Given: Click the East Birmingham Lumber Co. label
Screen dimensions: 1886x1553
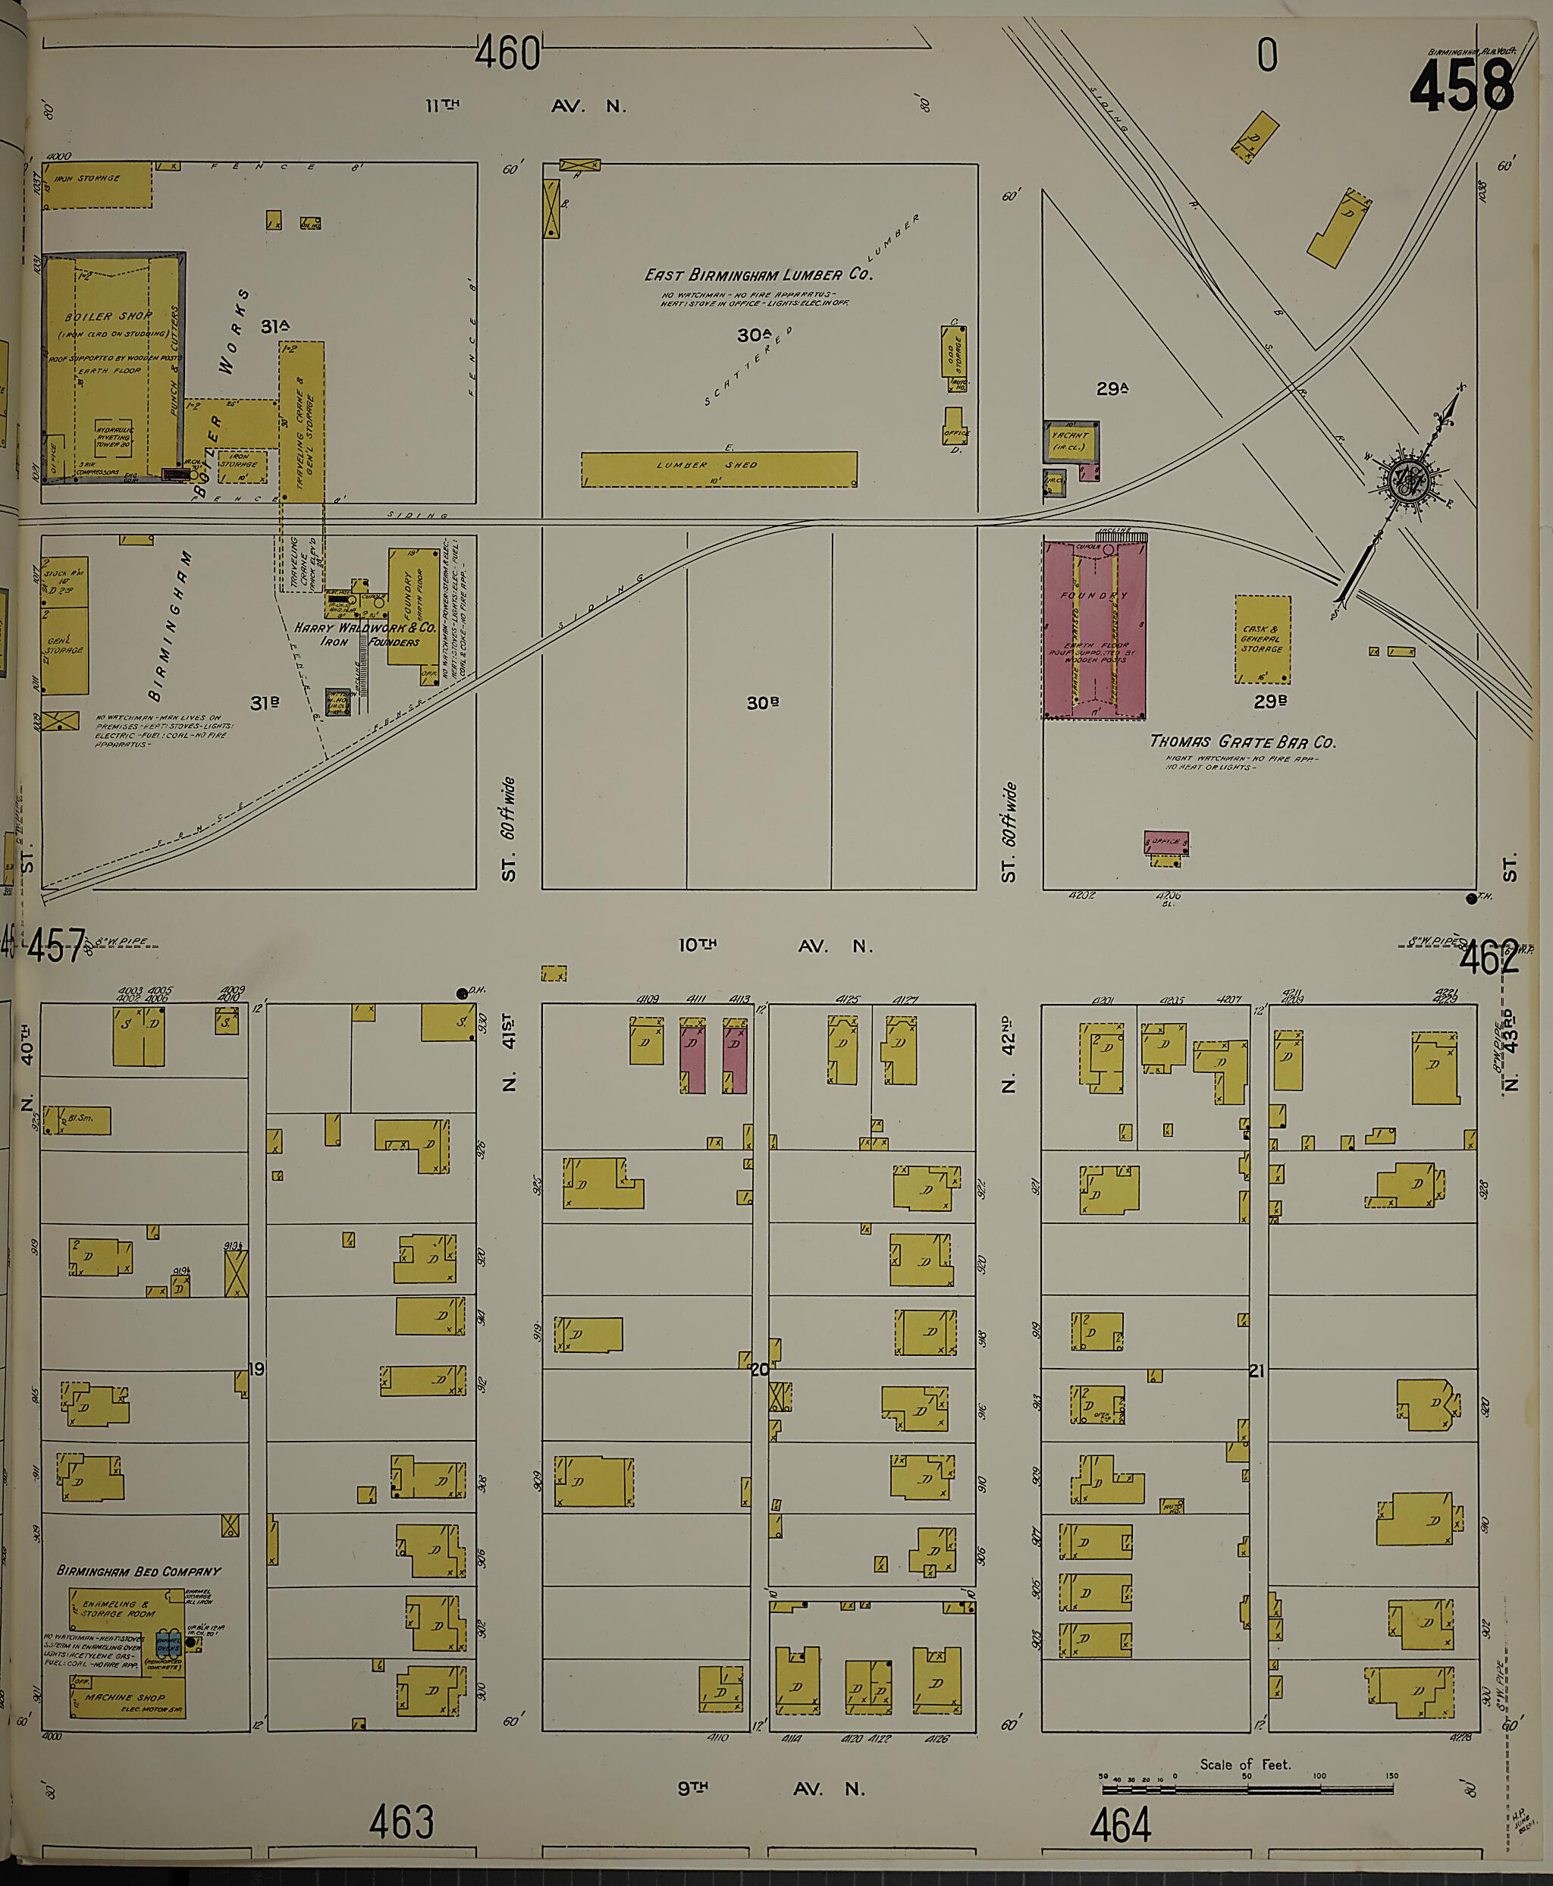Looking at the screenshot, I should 758,275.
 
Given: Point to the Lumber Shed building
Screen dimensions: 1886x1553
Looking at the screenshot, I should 718,469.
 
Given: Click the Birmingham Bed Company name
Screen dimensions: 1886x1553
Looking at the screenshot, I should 138,1571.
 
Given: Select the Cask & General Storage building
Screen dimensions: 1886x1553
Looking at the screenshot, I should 1263,639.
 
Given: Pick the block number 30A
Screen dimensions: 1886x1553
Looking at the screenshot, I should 753,334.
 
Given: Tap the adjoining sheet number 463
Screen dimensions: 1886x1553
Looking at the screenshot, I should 401,1822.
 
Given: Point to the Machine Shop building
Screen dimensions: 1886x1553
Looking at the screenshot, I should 127,1696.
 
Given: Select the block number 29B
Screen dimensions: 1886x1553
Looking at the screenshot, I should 1269,702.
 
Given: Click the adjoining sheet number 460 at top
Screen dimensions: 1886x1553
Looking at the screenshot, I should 507,54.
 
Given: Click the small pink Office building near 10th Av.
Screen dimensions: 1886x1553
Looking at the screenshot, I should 1166,842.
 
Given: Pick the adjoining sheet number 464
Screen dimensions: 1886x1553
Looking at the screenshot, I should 1120,1825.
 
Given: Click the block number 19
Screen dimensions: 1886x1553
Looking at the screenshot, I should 257,1369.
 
